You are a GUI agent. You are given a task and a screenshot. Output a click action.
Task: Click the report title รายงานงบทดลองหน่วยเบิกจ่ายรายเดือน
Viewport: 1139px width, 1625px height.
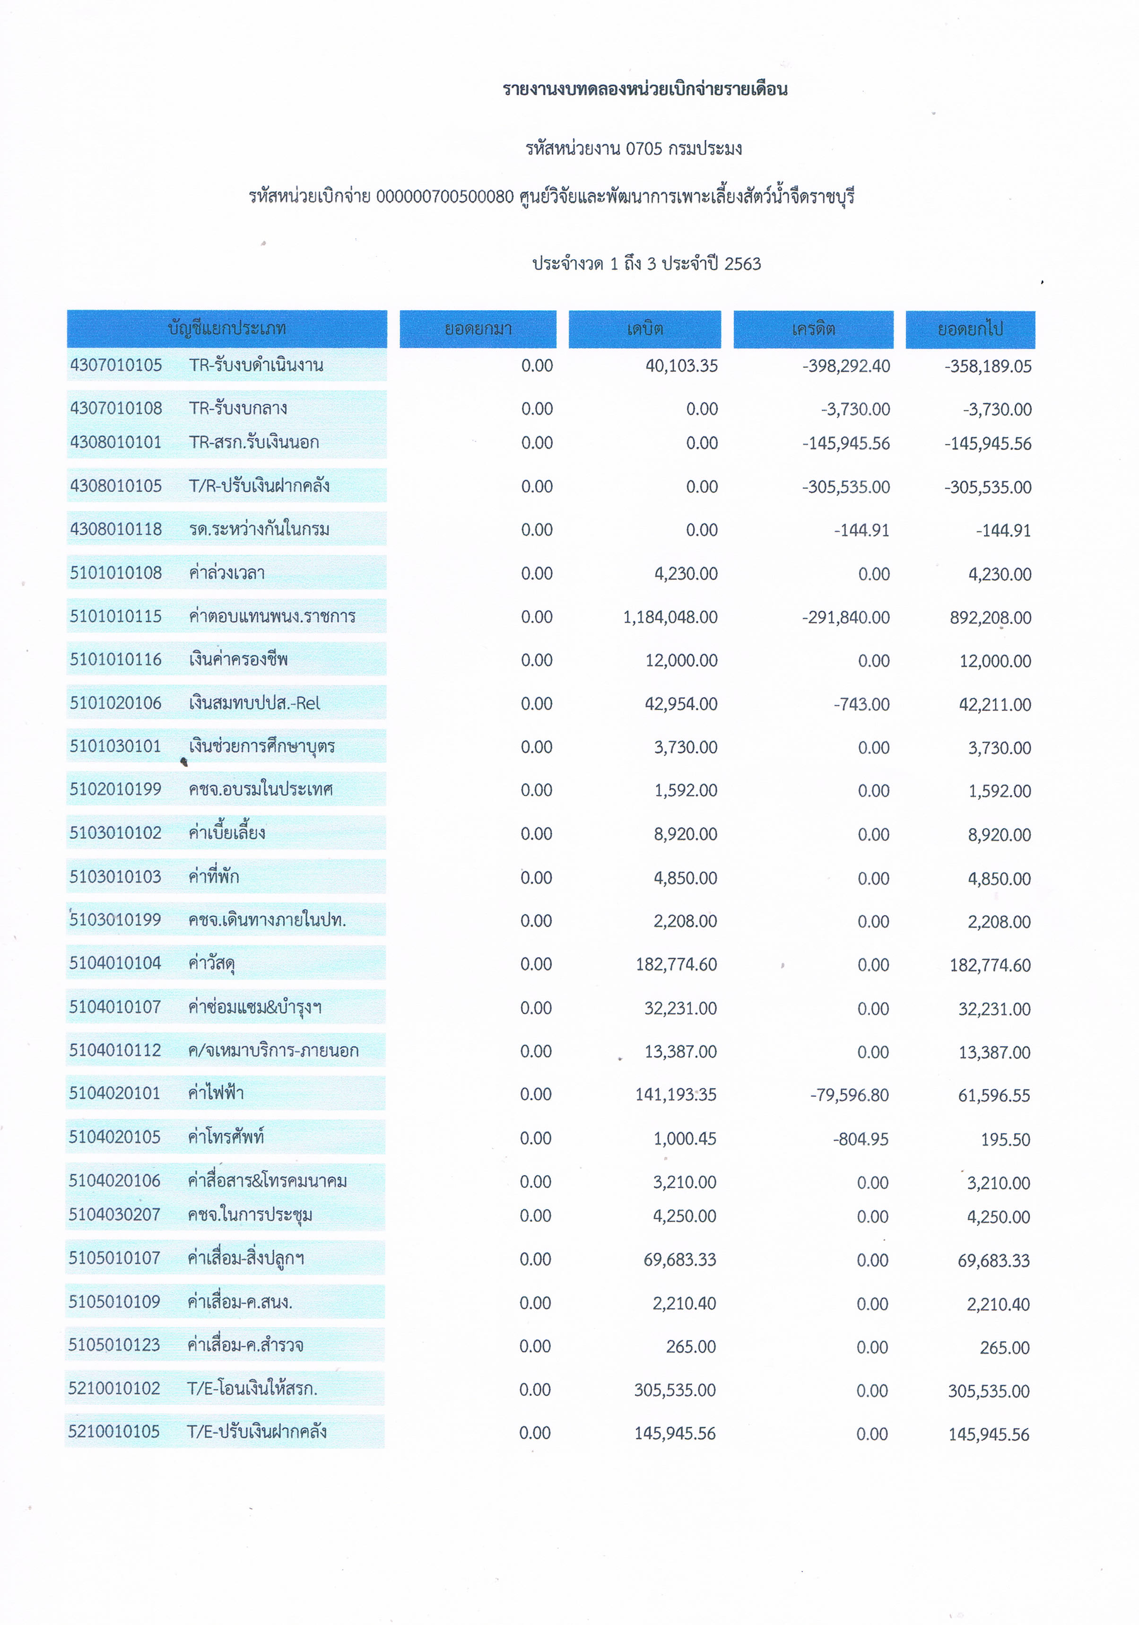click(644, 89)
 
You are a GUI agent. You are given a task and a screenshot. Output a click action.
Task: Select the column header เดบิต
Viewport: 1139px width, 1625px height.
click(644, 329)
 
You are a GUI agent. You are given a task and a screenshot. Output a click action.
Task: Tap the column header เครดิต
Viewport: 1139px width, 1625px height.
click(813, 329)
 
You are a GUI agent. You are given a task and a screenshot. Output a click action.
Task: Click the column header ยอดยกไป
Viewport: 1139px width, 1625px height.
click(970, 329)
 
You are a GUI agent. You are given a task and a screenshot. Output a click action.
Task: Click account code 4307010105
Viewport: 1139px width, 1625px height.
click(116, 365)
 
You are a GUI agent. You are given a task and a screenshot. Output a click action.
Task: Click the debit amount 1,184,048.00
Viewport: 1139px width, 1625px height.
click(670, 617)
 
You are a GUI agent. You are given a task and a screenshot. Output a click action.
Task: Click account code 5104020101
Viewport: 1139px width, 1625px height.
click(114, 1093)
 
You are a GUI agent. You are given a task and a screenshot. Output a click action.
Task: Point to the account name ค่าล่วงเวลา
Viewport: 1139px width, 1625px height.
click(226, 573)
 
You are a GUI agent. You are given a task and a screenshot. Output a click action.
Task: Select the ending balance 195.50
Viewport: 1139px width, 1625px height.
click(1005, 1139)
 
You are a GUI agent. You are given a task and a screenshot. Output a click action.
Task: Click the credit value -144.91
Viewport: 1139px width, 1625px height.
click(861, 530)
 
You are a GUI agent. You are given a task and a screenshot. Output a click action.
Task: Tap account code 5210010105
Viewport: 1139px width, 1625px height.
click(114, 1431)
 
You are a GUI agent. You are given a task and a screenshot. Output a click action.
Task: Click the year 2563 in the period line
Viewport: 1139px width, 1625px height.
click(742, 264)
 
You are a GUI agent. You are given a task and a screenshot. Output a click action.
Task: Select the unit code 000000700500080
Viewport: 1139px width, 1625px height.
click(444, 197)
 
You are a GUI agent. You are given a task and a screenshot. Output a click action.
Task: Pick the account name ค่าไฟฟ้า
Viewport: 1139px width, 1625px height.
click(216, 1093)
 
